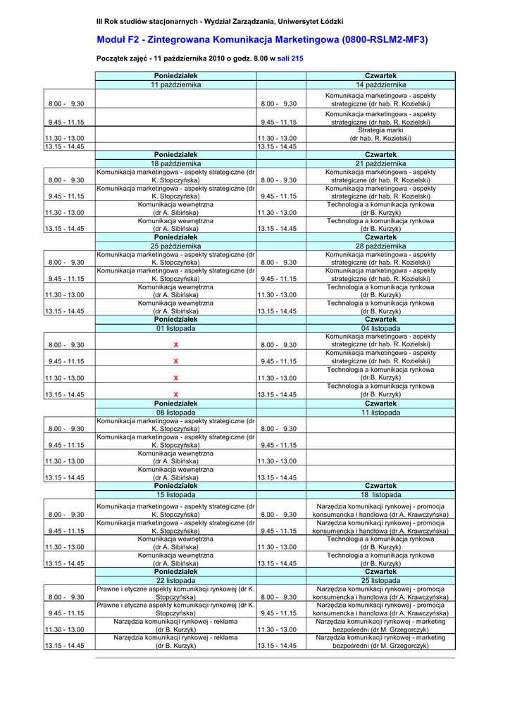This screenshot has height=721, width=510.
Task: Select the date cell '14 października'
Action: tap(380, 84)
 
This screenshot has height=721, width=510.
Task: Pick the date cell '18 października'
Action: tap(175, 163)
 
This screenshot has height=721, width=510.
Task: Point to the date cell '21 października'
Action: tap(380, 163)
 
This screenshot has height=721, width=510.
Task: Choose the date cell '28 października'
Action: tap(380, 246)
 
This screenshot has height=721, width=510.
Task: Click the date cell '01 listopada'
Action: tap(175, 328)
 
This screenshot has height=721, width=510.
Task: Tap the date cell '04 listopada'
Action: tap(380, 328)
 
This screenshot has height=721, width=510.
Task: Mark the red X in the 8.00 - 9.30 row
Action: tap(175, 345)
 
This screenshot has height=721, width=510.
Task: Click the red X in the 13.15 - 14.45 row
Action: tap(175, 394)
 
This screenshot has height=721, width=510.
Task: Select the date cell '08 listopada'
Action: tap(175, 413)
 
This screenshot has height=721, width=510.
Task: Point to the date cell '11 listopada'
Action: tap(380, 413)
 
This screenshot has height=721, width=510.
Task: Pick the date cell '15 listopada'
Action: tap(175, 495)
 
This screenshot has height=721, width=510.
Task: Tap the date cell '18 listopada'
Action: tap(380, 495)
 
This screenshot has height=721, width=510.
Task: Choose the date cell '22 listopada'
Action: tap(175, 580)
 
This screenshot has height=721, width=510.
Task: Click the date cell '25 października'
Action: tap(175, 246)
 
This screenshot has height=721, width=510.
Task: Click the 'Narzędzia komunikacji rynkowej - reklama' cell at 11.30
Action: tap(175, 625)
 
